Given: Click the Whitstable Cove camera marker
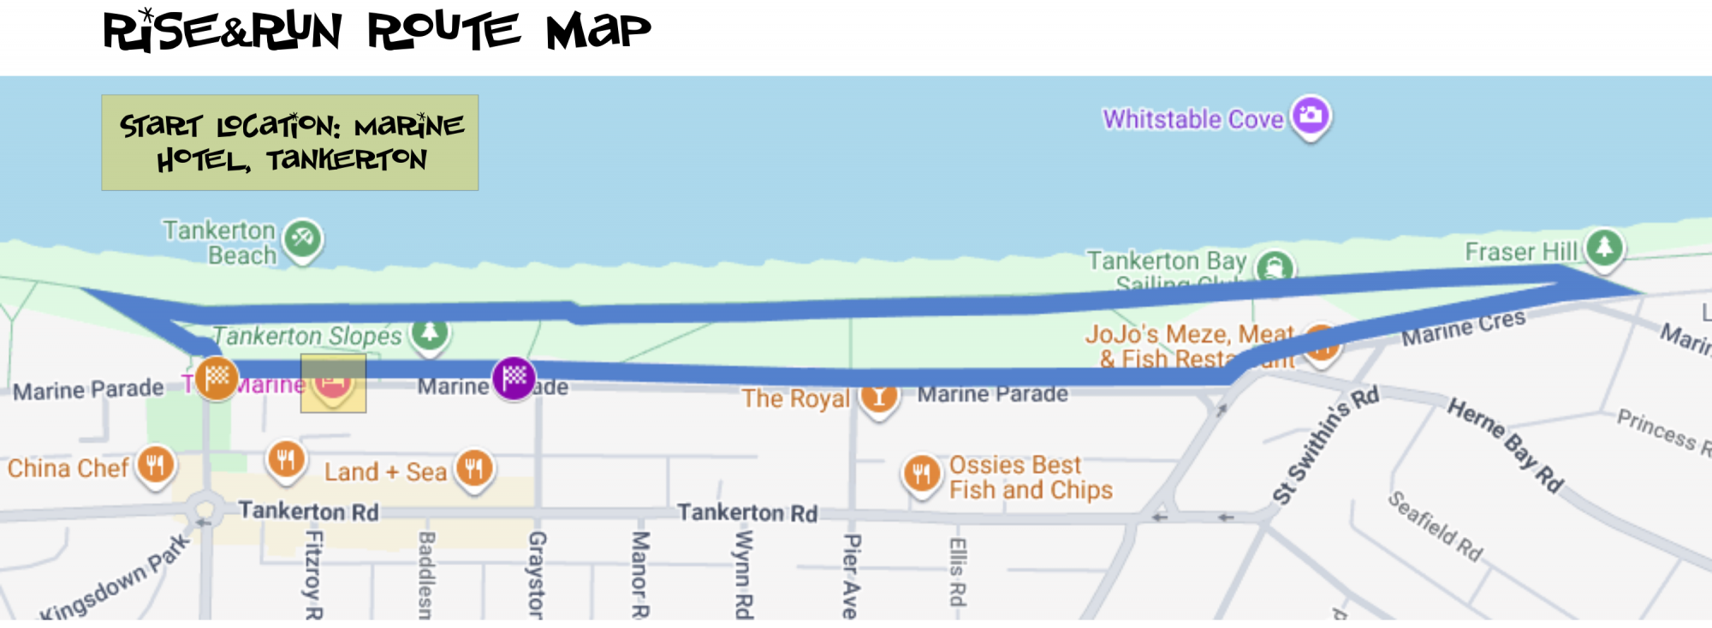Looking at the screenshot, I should click(1311, 115).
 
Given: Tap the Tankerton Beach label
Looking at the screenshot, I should click(220, 242).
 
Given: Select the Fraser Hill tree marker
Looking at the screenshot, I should click(1604, 248).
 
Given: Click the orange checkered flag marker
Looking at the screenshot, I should click(217, 376).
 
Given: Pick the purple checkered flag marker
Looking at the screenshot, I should click(514, 376).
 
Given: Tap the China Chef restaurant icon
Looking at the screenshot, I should click(155, 465).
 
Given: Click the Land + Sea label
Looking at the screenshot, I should click(385, 472).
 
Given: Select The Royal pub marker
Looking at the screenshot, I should click(879, 397).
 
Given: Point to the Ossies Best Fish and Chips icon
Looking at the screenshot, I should click(921, 473).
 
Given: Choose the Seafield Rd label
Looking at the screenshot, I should click(1435, 525).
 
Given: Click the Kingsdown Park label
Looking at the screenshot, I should click(116, 578).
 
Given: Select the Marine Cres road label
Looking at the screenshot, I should click(1463, 327).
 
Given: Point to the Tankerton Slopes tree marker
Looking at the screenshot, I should click(430, 332).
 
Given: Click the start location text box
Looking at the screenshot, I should click(290, 142).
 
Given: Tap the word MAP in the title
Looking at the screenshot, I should click(598, 33).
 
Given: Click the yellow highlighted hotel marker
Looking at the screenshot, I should click(333, 383).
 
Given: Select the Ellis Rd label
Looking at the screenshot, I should click(958, 571).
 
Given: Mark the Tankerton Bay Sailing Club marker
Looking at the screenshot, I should click(1274, 267).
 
